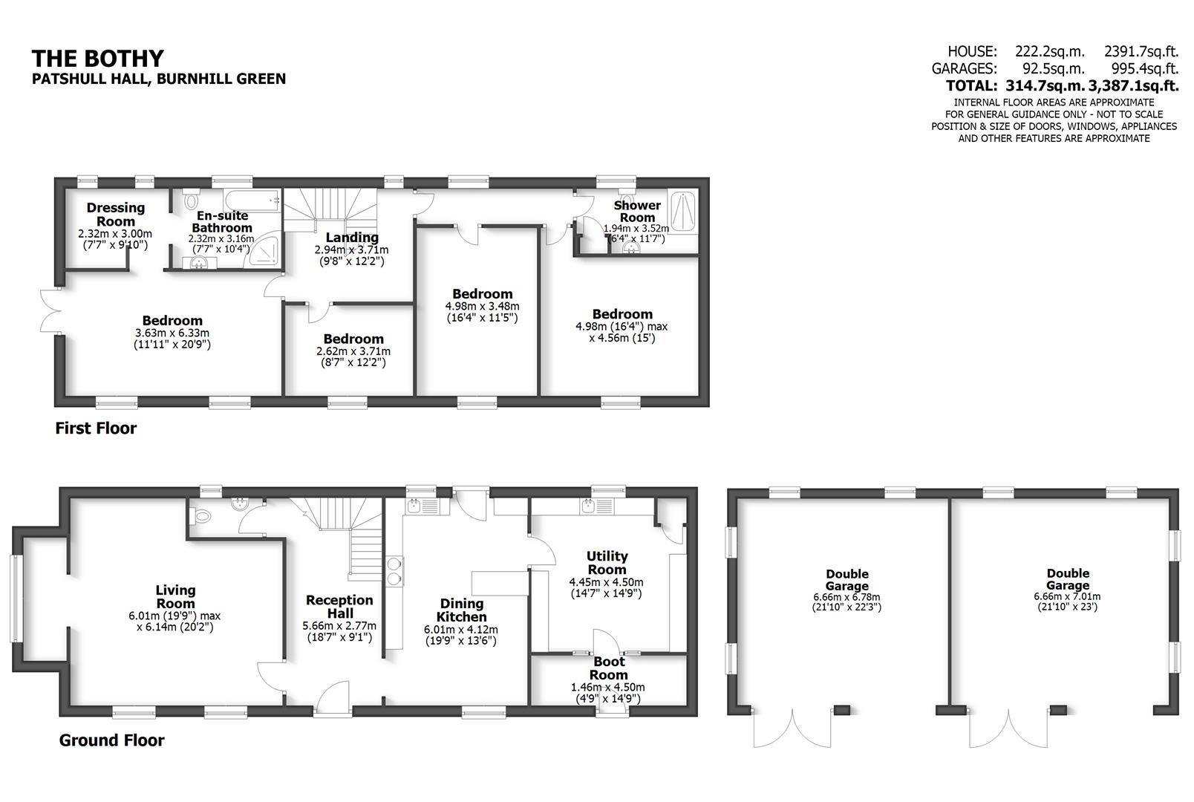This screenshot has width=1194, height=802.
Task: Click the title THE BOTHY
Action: [x=97, y=59]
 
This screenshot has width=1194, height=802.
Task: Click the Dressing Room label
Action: [x=116, y=214]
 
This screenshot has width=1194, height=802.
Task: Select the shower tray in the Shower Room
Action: [x=683, y=212]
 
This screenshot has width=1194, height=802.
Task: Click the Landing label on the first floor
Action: [x=347, y=238]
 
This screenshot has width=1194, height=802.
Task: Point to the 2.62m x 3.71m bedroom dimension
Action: [x=353, y=351]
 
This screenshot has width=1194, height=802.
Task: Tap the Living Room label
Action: [x=175, y=590]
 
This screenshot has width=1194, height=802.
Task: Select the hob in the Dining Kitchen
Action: [x=394, y=570]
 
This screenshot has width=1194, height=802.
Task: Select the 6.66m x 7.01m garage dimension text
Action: [x=1067, y=596]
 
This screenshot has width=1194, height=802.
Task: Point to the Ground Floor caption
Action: [x=111, y=740]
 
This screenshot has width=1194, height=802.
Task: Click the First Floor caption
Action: [x=96, y=428]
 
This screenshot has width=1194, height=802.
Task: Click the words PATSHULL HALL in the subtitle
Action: [x=89, y=79]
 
